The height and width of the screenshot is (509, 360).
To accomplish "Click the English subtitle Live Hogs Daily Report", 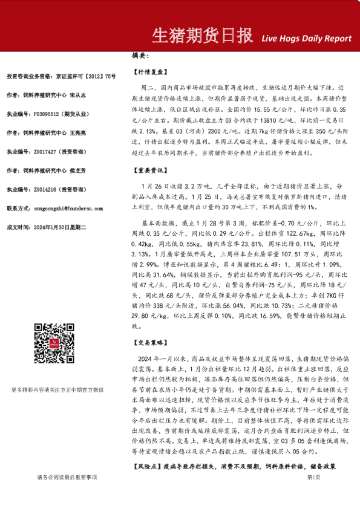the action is pyautogui.click(x=306, y=38).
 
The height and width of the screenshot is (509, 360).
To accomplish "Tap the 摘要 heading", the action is pyautogui.click(x=140, y=55).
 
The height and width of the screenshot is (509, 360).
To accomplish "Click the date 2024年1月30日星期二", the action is pyautogui.click(x=60, y=227).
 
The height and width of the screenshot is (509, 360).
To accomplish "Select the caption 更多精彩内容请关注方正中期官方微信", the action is pyautogui.click(x=57, y=389).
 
